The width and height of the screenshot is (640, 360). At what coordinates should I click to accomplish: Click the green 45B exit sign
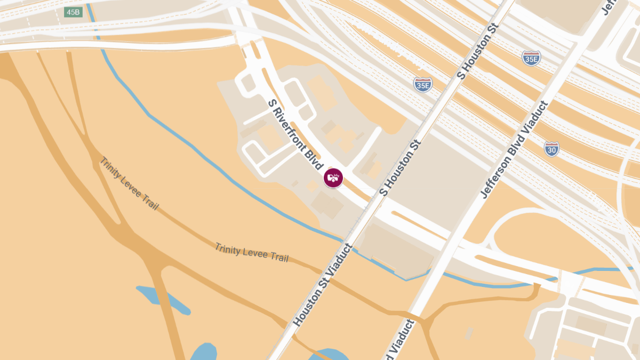pyautogui.click(x=73, y=12)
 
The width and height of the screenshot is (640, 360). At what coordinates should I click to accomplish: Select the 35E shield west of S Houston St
pyautogui.click(x=422, y=84)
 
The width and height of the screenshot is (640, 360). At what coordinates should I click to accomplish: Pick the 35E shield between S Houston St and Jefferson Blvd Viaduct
pyautogui.click(x=531, y=59)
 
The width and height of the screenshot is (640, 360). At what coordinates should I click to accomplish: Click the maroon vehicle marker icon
pyautogui.click(x=333, y=178)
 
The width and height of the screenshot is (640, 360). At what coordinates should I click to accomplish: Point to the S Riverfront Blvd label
pyautogui.click(x=297, y=135)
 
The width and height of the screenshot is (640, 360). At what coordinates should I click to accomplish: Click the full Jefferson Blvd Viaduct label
pyautogui.click(x=514, y=150)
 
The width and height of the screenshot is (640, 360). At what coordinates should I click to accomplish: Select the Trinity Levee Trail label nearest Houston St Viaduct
pyautogui.click(x=252, y=252)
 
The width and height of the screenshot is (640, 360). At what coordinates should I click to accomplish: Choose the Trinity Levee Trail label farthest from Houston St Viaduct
pyautogui.click(x=129, y=183)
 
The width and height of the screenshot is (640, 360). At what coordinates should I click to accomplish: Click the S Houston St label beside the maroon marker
pyautogui.click(x=400, y=167)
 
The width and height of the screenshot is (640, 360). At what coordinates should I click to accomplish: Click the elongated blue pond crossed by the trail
pyautogui.click(x=162, y=300)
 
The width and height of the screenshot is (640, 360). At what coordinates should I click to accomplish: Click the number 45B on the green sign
pyautogui.click(x=73, y=12)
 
